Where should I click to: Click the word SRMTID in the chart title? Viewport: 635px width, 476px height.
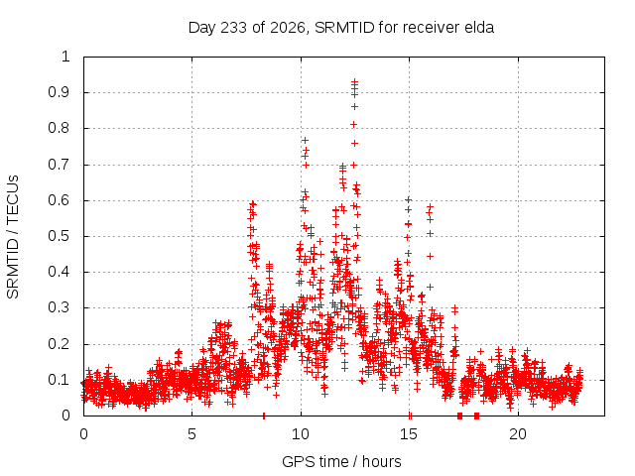point(344,28)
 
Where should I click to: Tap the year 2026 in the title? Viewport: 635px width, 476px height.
point(287,28)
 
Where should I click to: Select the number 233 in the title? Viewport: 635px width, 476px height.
point(234,28)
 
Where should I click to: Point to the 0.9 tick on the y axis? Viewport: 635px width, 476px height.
point(60,92)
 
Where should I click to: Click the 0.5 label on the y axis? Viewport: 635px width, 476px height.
point(60,236)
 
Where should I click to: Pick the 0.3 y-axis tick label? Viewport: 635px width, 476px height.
point(60,307)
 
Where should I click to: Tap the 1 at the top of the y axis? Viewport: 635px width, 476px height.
point(65,57)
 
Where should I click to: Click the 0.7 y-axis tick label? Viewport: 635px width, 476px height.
point(60,165)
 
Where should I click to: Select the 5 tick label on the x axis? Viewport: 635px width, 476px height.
point(191,434)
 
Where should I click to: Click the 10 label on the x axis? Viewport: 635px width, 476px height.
point(300,434)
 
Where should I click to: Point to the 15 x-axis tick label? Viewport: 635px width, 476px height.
point(409,434)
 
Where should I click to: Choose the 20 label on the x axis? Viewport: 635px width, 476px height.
point(518,434)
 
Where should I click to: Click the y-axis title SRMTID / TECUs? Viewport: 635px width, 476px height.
point(13,237)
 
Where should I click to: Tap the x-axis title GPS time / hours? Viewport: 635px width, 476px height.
point(341,461)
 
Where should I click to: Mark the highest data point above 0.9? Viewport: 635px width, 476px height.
point(354,81)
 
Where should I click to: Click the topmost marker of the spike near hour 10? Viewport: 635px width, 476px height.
point(305,140)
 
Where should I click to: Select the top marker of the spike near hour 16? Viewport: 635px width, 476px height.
point(430,206)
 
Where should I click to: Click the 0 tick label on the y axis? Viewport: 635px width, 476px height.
point(65,416)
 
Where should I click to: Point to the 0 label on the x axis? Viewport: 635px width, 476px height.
point(83,434)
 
